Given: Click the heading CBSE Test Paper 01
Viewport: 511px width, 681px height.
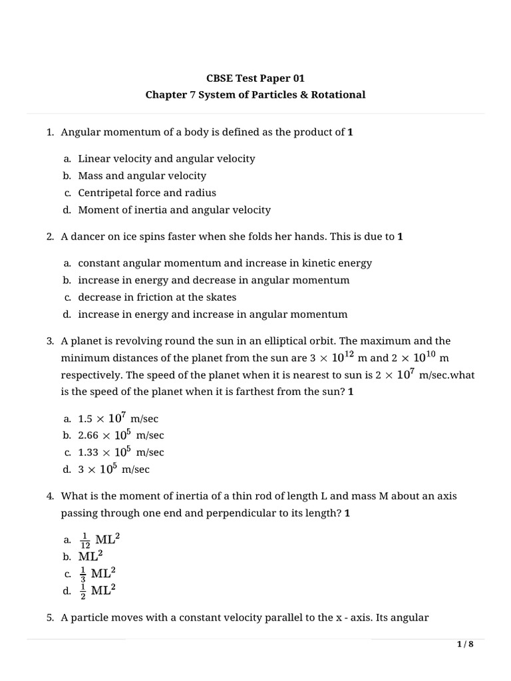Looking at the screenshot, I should tap(255, 78).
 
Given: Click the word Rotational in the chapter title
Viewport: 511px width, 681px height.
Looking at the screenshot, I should tap(337, 94).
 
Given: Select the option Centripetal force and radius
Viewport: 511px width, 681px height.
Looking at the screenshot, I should tap(146, 193).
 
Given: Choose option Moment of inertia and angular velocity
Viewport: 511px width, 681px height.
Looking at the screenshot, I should tap(174, 209).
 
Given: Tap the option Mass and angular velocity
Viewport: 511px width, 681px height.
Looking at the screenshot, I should tap(142, 176).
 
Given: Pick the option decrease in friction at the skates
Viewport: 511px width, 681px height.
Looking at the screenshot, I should tap(157, 297).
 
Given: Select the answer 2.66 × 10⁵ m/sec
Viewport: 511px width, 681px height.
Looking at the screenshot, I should tap(120, 435).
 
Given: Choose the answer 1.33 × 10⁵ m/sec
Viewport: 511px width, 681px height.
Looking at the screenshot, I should tap(120, 452).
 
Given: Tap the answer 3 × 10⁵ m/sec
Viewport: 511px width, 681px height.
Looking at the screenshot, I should tap(114, 469).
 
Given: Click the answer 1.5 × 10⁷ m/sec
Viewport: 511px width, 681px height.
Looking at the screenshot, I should tap(118, 418).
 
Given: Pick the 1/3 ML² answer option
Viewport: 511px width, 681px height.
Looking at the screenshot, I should tap(97, 573).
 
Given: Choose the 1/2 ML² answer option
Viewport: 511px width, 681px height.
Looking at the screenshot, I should tap(97, 590).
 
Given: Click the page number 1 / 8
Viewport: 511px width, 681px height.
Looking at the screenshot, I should tap(464, 644).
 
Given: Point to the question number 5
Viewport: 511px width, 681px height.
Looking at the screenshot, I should tap(50, 617).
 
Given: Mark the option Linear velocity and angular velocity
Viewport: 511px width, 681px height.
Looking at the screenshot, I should tap(166, 158).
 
